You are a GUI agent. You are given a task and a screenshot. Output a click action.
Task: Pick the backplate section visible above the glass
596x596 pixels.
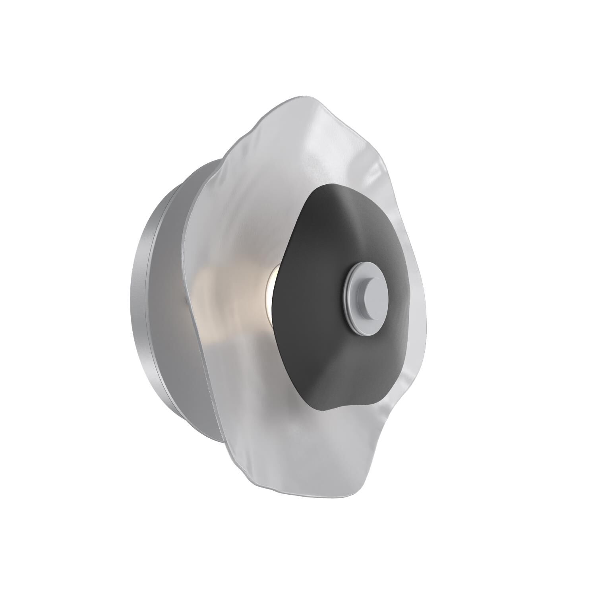coord(207,167)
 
